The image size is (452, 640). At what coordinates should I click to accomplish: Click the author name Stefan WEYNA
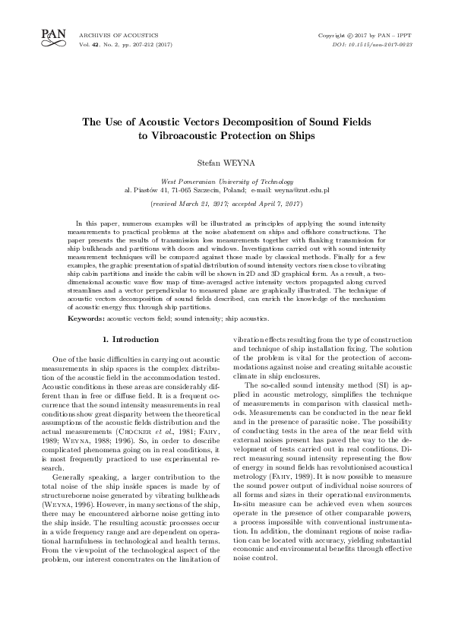pyautogui.click(x=226, y=161)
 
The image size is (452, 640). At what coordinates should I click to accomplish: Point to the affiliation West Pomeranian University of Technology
pyautogui.click(x=226, y=182)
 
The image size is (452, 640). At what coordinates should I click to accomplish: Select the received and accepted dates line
pyautogui.click(x=226, y=204)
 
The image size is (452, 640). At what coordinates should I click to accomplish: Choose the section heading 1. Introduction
pyautogui.click(x=130, y=338)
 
